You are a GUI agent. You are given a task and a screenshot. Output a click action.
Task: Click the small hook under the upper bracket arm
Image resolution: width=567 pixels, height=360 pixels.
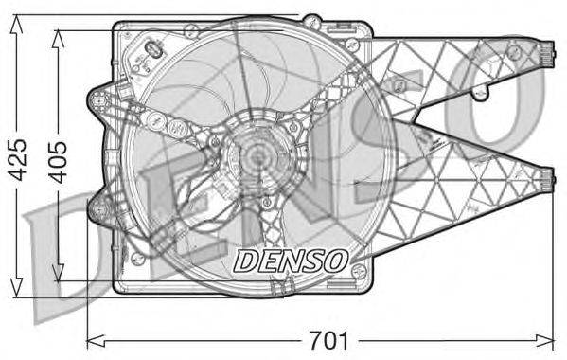coord(481,93)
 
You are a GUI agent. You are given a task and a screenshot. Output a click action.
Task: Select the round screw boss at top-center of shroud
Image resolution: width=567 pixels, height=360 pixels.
coord(310,20)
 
